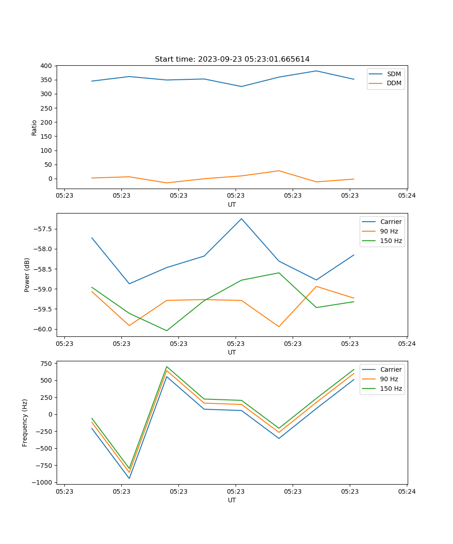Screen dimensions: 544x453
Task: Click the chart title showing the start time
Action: (x=232, y=59)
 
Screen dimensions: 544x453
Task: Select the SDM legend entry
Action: (x=394, y=74)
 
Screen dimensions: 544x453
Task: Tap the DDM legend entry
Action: (x=394, y=83)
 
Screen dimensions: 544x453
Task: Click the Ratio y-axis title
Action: (x=34, y=127)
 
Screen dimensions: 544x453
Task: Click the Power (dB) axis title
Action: (x=27, y=275)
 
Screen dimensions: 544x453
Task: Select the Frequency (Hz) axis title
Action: (x=25, y=423)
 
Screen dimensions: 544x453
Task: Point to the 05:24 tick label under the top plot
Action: (x=406, y=196)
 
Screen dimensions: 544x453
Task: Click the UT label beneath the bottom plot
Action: (x=232, y=500)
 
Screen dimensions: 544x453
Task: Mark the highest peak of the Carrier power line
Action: (x=241, y=219)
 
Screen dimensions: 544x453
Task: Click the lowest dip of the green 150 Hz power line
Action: (x=167, y=330)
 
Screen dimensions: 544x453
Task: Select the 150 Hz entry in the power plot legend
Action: (x=391, y=241)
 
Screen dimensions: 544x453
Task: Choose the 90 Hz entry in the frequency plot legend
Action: (x=389, y=379)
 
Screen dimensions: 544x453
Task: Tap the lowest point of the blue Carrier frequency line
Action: (x=129, y=478)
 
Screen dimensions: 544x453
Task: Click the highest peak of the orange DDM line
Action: (x=279, y=171)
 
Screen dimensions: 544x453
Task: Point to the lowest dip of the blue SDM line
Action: (x=241, y=87)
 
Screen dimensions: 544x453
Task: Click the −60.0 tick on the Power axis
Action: (x=44, y=330)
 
